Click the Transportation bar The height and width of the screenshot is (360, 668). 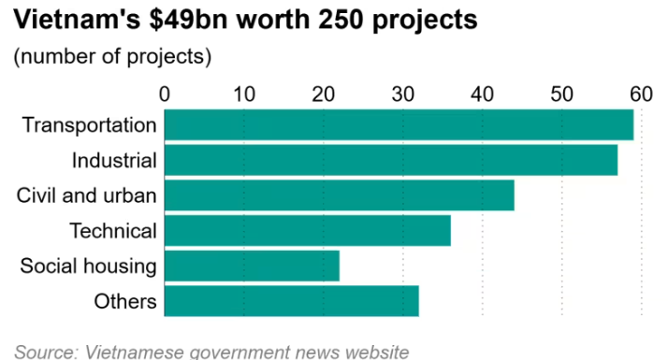(399, 124)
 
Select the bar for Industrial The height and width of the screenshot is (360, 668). (391, 160)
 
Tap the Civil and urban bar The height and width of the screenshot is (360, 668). (339, 195)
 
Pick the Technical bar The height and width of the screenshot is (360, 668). (308, 230)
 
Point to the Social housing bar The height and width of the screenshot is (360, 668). (252, 266)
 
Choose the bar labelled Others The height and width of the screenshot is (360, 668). (291, 301)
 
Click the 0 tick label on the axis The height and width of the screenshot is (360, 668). (165, 94)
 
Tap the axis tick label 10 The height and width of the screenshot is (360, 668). (244, 94)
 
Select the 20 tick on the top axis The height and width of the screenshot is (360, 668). (324, 94)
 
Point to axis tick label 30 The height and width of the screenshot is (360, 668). (403, 94)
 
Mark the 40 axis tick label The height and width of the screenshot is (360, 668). (482, 94)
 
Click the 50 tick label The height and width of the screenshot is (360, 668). (562, 94)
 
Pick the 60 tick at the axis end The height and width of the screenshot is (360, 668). (641, 94)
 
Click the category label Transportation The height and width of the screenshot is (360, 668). (90, 124)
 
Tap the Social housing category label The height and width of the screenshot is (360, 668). (88, 266)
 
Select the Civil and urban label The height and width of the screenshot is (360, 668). (86, 195)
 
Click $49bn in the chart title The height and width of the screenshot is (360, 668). (188, 20)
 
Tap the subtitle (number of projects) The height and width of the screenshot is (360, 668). (112, 56)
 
